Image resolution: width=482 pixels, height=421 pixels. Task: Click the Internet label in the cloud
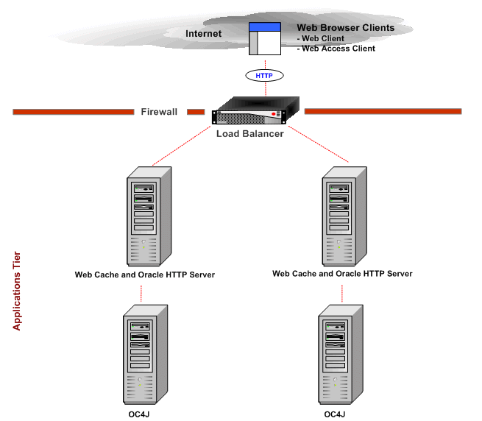click(203, 34)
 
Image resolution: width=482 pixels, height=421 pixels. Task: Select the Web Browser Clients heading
click(345, 28)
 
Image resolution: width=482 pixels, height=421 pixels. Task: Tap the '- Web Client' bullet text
click(320, 38)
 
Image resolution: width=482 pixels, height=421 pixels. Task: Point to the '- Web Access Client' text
click(336, 49)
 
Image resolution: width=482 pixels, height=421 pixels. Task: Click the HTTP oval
click(263, 75)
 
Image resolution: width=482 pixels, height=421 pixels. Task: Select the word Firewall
click(159, 112)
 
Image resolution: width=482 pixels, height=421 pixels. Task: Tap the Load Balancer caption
click(249, 134)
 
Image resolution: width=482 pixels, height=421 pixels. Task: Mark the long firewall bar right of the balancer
click(383, 112)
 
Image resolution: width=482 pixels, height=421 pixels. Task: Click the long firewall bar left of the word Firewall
click(73, 112)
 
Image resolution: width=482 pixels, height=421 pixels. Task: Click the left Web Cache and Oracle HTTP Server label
click(145, 275)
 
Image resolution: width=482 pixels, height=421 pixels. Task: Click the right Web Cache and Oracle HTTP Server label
click(342, 274)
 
